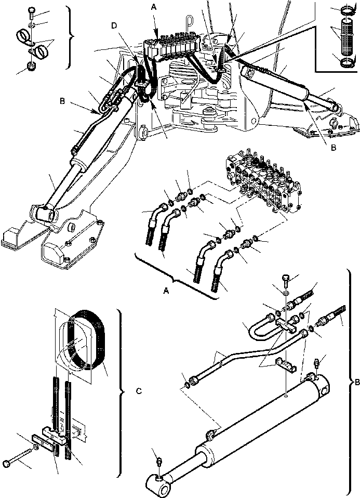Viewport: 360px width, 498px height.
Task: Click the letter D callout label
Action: [x=114, y=25]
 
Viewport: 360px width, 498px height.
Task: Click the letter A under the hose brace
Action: [x=167, y=292]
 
